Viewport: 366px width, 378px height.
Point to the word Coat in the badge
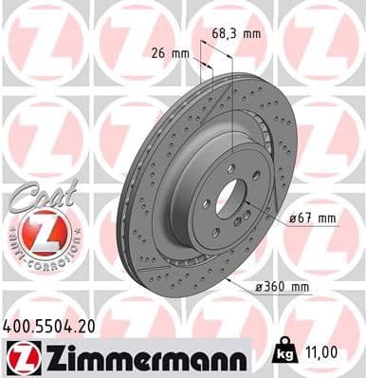point(34,192)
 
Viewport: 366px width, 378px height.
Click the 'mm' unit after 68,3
point(251,34)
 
